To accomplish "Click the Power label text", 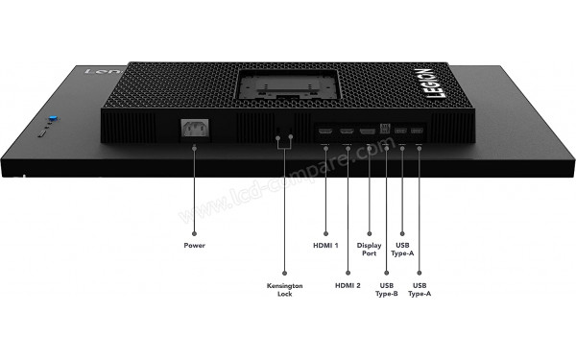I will (x=194, y=245).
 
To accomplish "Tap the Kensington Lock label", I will (x=283, y=290).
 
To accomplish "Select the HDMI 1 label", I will (x=325, y=245).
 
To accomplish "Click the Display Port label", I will (x=369, y=249).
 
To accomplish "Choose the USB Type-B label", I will (x=387, y=290).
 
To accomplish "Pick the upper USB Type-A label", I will (x=401, y=249).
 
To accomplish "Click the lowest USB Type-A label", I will (x=419, y=290).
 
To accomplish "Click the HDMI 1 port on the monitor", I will (x=325, y=130).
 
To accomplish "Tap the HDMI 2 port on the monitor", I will (x=346, y=130).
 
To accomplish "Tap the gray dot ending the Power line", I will (x=194, y=230).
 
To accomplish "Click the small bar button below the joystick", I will (x=44, y=135).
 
